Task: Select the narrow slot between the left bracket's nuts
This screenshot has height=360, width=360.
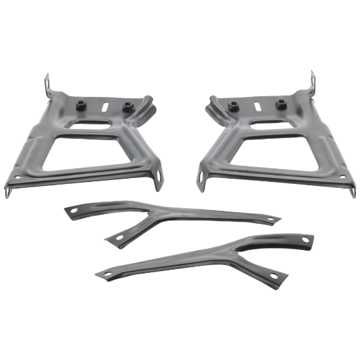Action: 105,104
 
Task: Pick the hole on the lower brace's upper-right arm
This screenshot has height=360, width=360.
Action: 304,240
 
